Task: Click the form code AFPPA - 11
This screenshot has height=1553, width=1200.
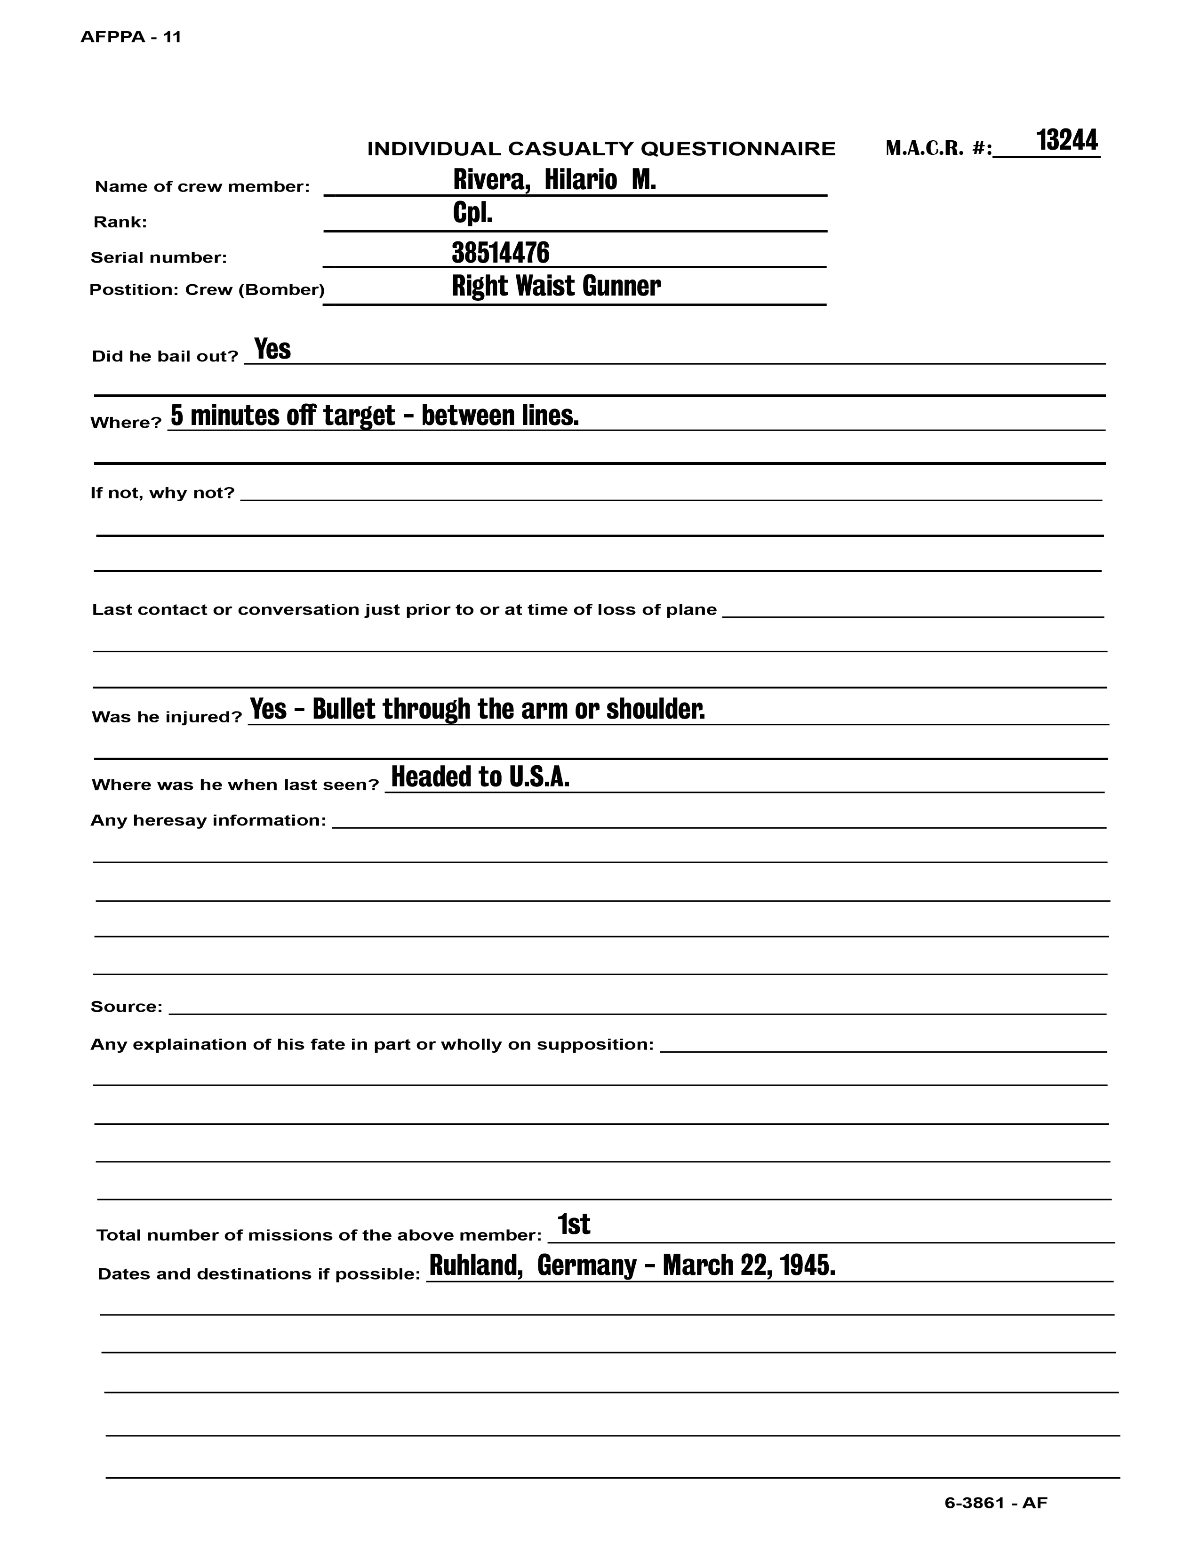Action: point(131,37)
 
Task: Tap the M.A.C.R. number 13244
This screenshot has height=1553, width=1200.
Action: point(1066,140)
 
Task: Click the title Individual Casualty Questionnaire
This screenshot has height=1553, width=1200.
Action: point(601,149)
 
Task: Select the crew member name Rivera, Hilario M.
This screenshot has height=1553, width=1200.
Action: point(554,180)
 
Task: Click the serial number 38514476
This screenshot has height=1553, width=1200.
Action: point(501,252)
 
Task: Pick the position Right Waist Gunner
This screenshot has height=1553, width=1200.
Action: point(556,286)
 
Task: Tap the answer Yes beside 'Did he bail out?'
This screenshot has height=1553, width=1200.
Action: point(272,349)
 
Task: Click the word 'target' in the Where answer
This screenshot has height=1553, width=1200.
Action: point(359,415)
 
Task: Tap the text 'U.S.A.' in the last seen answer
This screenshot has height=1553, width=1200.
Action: point(539,777)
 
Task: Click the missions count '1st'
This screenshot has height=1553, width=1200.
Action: point(574,1224)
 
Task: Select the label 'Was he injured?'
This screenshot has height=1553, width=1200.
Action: point(167,717)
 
